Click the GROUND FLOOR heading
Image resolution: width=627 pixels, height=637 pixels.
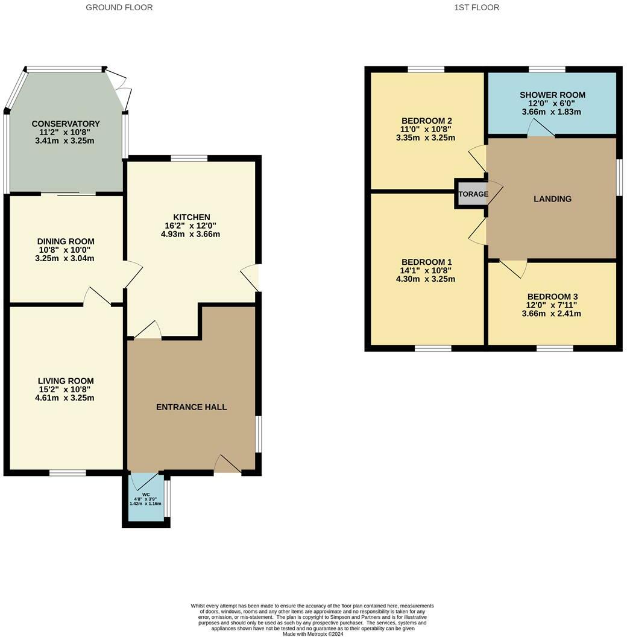tap(119, 7)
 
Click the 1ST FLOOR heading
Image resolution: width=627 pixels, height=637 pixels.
tap(476, 7)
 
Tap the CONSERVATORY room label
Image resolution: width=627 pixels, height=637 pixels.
tap(66, 124)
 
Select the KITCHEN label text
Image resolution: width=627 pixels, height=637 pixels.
tap(191, 217)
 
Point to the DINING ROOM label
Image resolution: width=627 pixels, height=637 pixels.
tap(66, 241)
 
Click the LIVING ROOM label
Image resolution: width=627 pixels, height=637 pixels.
tap(66, 381)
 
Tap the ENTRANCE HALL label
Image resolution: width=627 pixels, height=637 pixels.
tap(191, 407)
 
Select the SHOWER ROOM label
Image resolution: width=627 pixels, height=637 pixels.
tap(552, 95)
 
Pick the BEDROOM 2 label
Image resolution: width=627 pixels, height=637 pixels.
tap(426, 119)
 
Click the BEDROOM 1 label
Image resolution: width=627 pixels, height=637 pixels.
tap(426, 262)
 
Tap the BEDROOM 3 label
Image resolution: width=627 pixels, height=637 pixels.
tap(552, 296)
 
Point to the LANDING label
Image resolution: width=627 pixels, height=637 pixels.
tap(552, 199)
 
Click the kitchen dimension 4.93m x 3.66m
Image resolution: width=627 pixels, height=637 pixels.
tap(191, 234)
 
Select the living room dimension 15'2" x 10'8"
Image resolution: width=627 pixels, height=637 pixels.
tap(66, 390)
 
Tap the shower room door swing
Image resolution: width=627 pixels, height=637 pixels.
tap(538, 128)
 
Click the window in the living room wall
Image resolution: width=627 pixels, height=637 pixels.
tap(68, 473)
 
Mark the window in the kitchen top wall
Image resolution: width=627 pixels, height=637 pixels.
tap(189, 159)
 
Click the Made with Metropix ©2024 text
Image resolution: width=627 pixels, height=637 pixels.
tap(313, 634)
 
